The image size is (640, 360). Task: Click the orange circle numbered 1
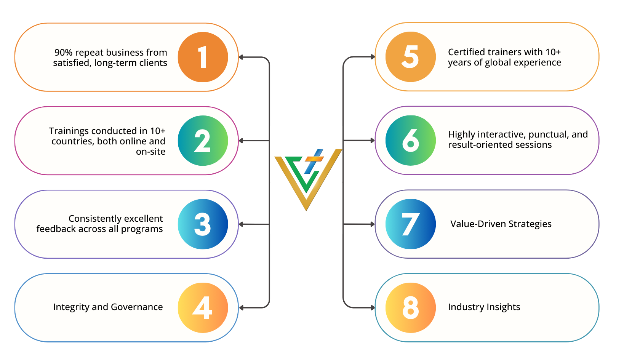click(203, 57)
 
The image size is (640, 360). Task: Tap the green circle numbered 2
click(203, 141)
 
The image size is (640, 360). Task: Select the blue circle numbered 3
click(203, 224)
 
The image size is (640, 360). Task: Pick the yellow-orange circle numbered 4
click(203, 307)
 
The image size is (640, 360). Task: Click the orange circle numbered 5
click(410, 57)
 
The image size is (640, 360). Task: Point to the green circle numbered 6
click(410, 140)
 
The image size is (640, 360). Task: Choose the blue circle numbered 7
click(410, 224)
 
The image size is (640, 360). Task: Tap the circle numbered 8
click(410, 307)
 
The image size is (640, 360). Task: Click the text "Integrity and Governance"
click(108, 307)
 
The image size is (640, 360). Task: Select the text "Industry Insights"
click(484, 307)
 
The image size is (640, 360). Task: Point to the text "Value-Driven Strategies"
click(501, 224)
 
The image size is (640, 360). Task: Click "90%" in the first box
click(63, 53)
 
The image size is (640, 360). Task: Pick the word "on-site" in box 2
click(150, 152)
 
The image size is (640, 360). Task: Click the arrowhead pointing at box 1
click(241, 57)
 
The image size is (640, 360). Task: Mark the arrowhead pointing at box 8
click(373, 307)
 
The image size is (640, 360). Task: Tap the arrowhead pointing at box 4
click(242, 307)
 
